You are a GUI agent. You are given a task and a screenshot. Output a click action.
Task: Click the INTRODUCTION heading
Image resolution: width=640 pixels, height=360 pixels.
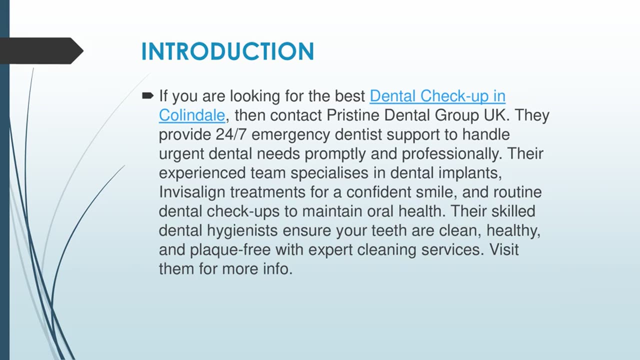click(x=227, y=51)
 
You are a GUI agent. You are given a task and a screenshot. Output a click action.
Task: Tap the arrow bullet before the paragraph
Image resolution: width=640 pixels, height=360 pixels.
click(x=148, y=95)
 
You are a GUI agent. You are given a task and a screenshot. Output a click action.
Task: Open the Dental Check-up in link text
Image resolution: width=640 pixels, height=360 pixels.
click(x=437, y=95)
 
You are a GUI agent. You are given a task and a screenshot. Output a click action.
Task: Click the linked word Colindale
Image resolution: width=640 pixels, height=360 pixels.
click(x=192, y=115)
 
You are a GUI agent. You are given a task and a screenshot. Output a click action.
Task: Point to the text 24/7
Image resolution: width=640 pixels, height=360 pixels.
click(x=235, y=134)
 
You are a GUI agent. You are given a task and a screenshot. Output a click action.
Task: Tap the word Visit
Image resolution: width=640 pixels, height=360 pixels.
click(x=504, y=249)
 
